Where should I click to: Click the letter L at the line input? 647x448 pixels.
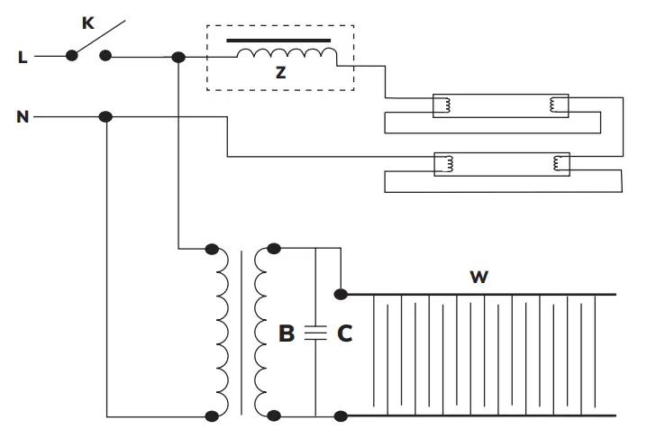coord(22,58)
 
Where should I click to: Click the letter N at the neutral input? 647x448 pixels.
coord(22,117)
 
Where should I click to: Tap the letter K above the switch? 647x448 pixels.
coord(88,23)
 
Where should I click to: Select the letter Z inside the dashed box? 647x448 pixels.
coord(281,73)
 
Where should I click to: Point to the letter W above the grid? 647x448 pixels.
coord(478,277)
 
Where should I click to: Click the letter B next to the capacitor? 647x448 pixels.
coord(287,334)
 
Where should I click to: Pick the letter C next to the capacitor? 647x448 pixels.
coord(344,334)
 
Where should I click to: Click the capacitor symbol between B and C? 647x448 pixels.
coord(315,333)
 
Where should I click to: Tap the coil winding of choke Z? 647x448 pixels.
coord(287,55)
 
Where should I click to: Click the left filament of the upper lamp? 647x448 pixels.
coord(444,106)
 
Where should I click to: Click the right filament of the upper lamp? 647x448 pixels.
coord(560,106)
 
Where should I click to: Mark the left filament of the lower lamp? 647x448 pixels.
coord(444,163)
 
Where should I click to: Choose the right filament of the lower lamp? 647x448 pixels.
coord(560,163)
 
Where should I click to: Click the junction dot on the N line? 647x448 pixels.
coord(105,117)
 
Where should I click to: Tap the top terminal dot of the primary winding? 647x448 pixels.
coord(213,248)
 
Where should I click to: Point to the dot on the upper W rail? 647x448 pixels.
coord(341,294)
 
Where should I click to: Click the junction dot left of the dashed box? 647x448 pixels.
coord(178,58)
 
